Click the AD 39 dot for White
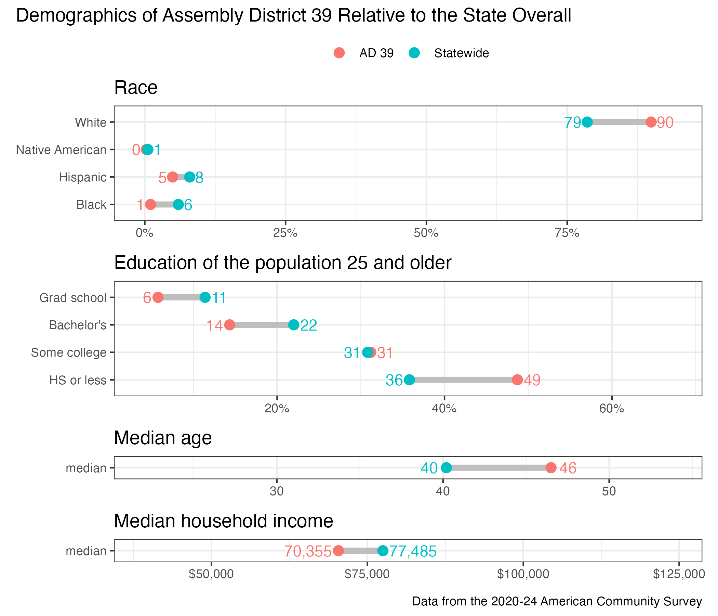point(651,122)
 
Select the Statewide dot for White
point(587,122)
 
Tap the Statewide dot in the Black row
point(178,205)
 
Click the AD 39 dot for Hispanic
point(173,177)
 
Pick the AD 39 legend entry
point(363,53)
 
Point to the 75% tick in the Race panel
point(567,233)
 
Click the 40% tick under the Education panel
point(444,409)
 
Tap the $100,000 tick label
point(523,574)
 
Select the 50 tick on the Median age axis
point(609,491)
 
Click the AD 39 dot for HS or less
point(517,380)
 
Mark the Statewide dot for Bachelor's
point(294,325)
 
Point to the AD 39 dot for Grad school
point(158,298)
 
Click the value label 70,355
point(308,551)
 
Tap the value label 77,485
point(413,551)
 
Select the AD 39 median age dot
point(551,468)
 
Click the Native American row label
point(61,150)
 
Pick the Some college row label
point(69,352)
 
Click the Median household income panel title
point(224,521)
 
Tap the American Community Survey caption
point(557,601)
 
